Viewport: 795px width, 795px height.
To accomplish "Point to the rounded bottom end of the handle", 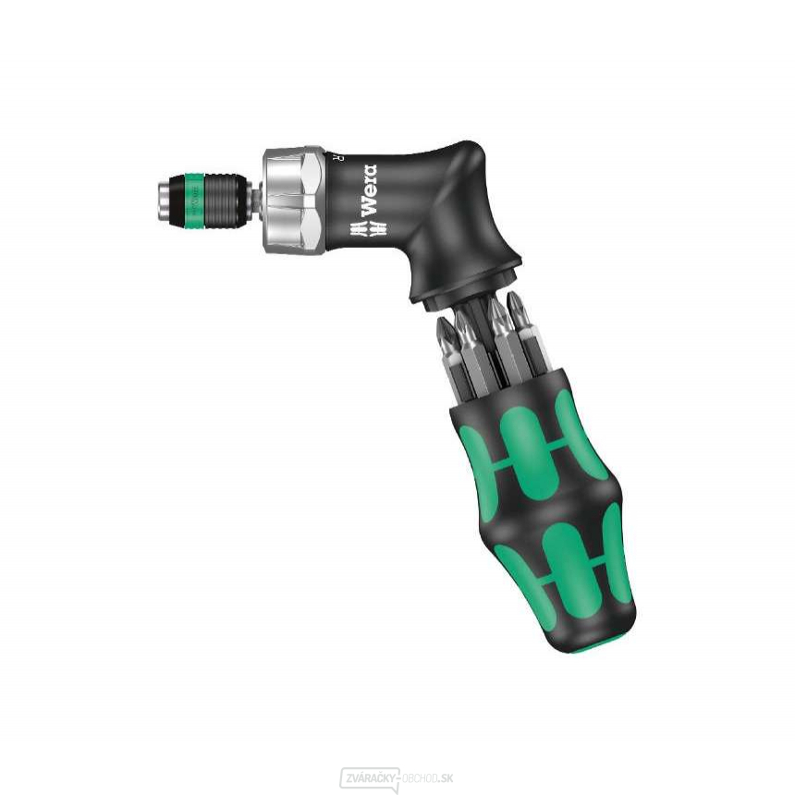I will [x=601, y=638].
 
